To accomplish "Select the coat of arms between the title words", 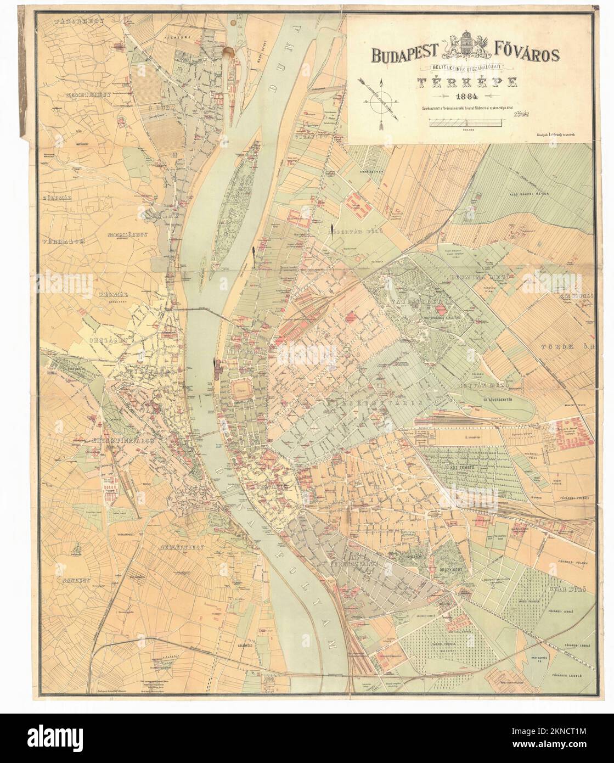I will point(469,47).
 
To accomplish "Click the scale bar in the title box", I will point(467,124).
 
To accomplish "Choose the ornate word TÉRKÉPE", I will point(467,82).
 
